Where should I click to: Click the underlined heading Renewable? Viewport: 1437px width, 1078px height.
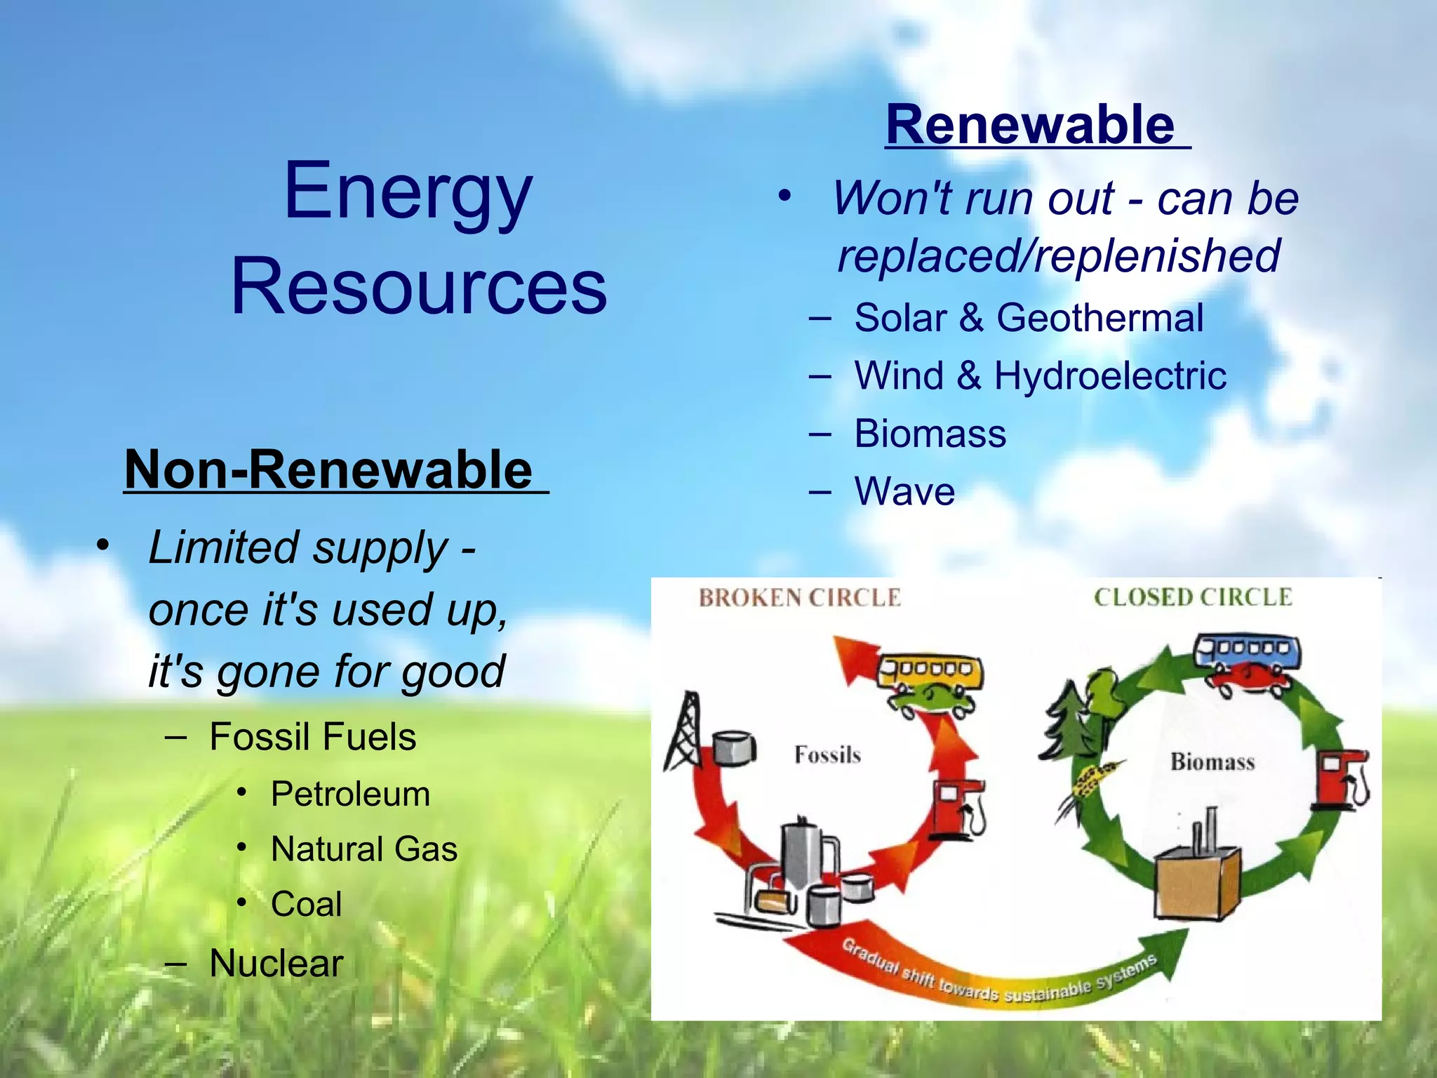[1030, 125]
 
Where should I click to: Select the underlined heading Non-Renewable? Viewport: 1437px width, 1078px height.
[328, 470]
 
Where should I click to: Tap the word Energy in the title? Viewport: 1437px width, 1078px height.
[408, 191]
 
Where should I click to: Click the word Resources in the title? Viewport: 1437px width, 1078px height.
[419, 286]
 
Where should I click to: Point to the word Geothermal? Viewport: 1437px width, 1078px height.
[1100, 318]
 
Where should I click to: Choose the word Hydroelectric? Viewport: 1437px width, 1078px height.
[1110, 375]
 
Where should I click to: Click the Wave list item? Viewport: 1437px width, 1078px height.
[904, 491]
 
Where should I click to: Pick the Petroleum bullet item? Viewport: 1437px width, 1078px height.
[350, 794]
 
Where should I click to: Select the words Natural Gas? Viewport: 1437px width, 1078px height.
[364, 849]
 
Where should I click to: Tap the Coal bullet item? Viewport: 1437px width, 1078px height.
[306, 904]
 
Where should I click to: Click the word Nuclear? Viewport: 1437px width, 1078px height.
[276, 963]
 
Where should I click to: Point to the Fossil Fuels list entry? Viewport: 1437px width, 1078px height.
[313, 737]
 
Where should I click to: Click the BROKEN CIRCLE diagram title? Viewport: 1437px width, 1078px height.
[799, 598]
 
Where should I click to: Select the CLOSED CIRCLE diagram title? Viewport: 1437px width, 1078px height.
[1192, 597]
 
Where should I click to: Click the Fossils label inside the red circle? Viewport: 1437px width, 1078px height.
[827, 755]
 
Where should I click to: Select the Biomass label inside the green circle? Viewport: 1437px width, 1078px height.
[1212, 762]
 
